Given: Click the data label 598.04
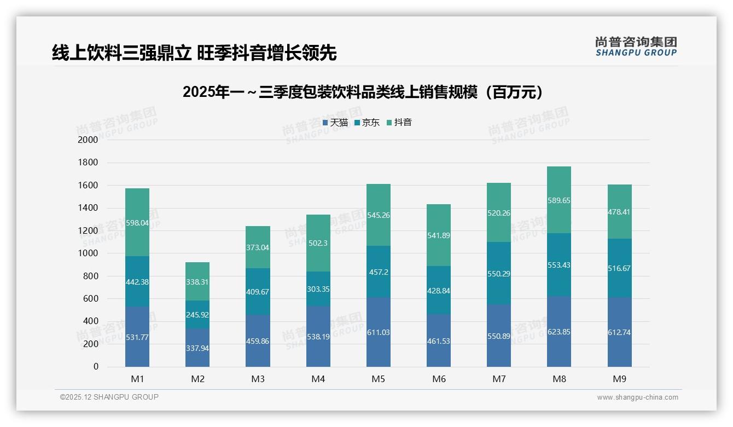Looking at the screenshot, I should point(137,223).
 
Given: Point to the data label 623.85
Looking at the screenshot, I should point(559,332).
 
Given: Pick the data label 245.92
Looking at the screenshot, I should point(197,315).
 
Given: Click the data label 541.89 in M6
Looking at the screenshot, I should point(439,235).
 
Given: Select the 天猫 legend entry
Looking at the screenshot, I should point(335,123).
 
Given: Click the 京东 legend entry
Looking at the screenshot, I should point(367,123).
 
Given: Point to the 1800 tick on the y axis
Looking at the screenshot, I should point(88,163).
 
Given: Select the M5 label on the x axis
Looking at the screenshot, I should point(379,379).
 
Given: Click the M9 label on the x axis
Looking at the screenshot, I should point(619,379).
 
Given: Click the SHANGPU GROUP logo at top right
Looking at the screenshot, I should point(636,47).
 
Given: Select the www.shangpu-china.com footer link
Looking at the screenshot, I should point(637,397).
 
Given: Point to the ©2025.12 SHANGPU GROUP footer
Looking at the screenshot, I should point(109,397).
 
